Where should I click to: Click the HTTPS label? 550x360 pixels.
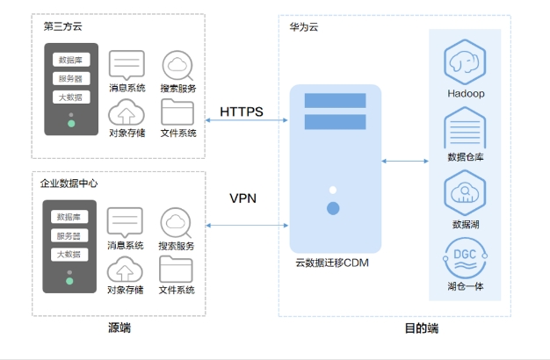[x=242, y=112]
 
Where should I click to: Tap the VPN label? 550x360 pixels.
[x=242, y=198]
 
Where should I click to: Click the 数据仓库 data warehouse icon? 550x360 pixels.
[x=466, y=128]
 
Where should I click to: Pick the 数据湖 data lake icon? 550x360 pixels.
[x=466, y=193]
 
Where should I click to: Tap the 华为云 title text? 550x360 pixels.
[x=304, y=26]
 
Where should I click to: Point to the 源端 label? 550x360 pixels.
[x=119, y=328]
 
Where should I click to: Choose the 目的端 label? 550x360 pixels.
[x=421, y=328]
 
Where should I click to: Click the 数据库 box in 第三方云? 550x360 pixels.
[x=71, y=61]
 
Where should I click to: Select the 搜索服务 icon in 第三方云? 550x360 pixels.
[x=177, y=65]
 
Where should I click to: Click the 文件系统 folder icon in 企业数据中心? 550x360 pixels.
[x=176, y=268]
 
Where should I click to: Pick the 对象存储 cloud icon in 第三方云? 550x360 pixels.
[x=126, y=112]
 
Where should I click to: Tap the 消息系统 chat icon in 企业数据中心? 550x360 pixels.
[x=125, y=221]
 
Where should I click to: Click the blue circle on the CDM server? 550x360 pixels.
[x=333, y=209]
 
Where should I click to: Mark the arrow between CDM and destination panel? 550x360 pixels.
[x=405, y=161]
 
